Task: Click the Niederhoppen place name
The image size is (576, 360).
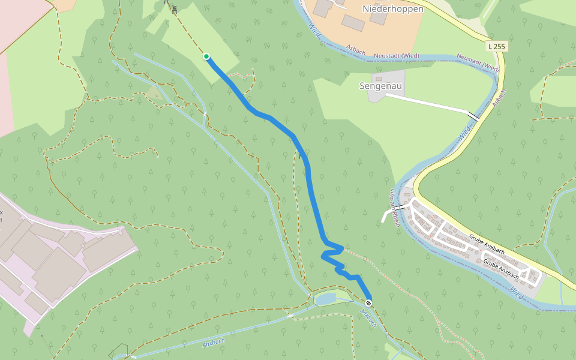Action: pyautogui.click(x=393, y=9)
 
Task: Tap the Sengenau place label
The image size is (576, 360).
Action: pyautogui.click(x=381, y=86)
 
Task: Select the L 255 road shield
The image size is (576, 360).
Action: pyautogui.click(x=497, y=46)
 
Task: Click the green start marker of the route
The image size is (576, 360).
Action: pyautogui.click(x=206, y=56)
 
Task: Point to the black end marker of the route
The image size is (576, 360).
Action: pyautogui.click(x=368, y=302)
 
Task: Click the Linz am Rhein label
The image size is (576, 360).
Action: pyautogui.click(x=395, y=208)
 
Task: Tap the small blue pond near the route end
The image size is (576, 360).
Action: pyautogui.click(x=325, y=299)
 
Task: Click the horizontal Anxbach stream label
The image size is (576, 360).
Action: pyautogui.click(x=213, y=343)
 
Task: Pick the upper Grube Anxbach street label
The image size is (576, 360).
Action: pyautogui.click(x=487, y=243)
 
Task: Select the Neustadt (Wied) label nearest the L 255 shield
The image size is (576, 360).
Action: pyautogui.click(x=478, y=61)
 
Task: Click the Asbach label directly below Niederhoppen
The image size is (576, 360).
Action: pyautogui.click(x=356, y=52)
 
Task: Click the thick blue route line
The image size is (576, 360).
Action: pyautogui.click(x=310, y=180)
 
